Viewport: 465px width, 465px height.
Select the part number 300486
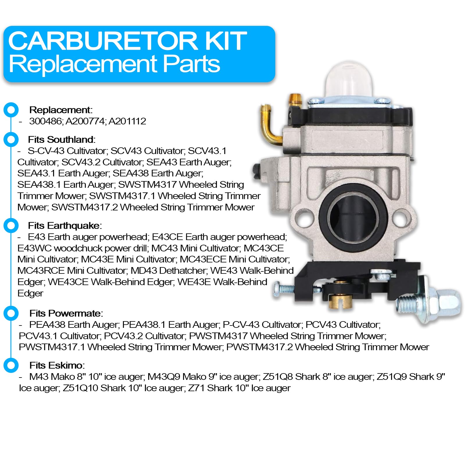[x=45, y=121]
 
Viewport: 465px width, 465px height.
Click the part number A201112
[x=127, y=121]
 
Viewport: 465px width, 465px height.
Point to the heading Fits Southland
[x=61, y=139]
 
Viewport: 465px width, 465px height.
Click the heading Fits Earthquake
[x=65, y=226]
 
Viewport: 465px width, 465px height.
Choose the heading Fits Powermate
[x=66, y=313]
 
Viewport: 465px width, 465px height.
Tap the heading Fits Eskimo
[x=57, y=365]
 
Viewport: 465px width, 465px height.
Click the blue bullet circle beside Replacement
[x=11, y=110]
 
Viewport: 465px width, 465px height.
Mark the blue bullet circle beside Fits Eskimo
[x=11, y=365]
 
